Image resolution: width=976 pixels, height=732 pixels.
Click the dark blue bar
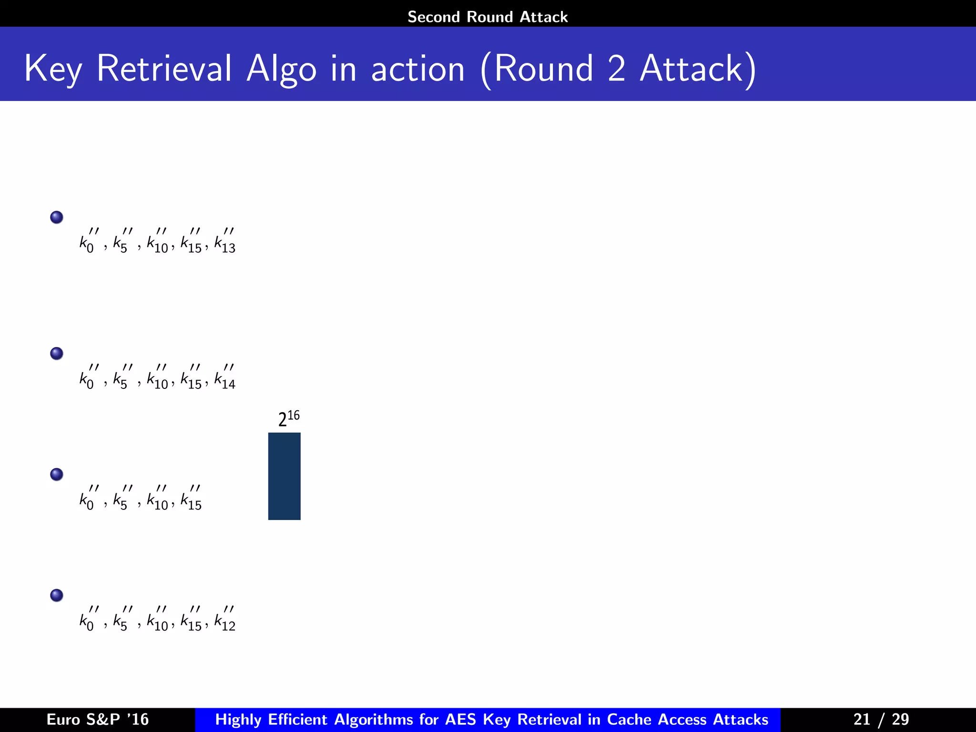284,476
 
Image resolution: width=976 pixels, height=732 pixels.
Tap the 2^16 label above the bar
289,418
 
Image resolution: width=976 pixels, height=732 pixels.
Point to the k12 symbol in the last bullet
225,620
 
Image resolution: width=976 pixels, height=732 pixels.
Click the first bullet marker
57,217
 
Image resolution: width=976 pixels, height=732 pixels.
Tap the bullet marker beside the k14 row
57,354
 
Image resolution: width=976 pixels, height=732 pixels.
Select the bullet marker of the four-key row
57,475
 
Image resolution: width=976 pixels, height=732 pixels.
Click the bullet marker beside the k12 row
57,596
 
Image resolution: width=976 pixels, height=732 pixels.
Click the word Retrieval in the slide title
164,69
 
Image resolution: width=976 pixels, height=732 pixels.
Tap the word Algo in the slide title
281,70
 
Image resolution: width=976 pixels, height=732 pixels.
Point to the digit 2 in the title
616,69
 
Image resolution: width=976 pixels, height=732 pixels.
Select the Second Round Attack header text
488,17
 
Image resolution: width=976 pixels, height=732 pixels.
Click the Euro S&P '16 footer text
98,719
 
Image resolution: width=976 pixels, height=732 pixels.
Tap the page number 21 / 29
881,719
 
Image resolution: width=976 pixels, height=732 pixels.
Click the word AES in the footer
460,719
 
